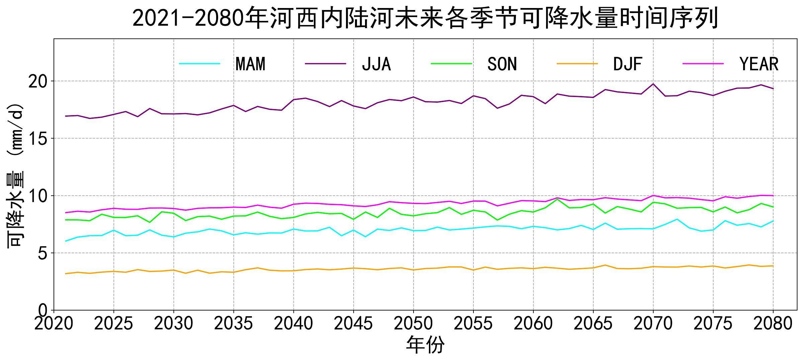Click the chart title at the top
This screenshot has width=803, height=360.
tap(425, 18)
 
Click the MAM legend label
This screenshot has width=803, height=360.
tap(250, 64)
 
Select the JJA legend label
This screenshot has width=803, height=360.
tap(376, 64)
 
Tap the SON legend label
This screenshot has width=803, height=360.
tap(502, 64)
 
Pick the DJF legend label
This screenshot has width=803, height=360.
tap(628, 64)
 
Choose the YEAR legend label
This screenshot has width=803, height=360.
tap(759, 64)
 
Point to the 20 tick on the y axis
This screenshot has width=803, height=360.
tap(38, 81)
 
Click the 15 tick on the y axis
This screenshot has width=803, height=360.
tap(38, 139)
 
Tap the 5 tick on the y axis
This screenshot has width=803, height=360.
tap(42, 253)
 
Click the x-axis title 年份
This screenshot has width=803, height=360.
tap(425, 345)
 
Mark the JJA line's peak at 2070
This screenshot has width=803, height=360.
tap(653, 84)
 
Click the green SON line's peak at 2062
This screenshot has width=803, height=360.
tap(557, 199)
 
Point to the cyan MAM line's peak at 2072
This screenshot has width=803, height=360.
tap(677, 219)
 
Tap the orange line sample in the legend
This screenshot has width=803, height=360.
tap(577, 64)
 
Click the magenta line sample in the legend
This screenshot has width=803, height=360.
tap(703, 64)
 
